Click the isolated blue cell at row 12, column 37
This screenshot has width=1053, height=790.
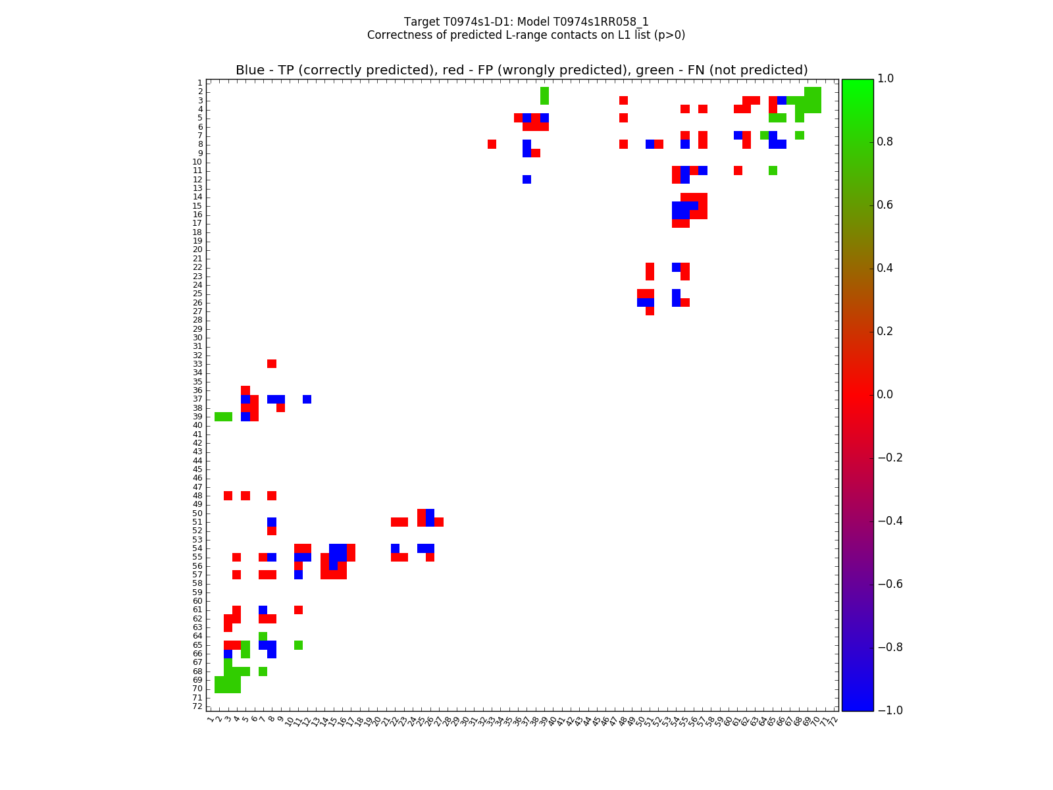coord(526,179)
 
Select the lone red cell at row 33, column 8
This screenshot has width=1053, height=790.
coord(272,363)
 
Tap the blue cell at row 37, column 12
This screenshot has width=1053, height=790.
coord(307,399)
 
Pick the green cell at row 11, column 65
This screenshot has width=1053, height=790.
coord(773,171)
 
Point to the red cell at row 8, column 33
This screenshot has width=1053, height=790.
coord(492,144)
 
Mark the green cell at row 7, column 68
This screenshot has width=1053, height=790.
coord(799,135)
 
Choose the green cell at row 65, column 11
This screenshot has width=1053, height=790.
coord(298,645)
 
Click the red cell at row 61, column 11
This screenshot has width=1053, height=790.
coord(298,610)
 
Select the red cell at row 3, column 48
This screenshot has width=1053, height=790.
coord(623,100)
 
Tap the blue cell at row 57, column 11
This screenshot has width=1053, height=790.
coord(298,575)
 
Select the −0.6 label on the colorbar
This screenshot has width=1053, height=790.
coord(888,584)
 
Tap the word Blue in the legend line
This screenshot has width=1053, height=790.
coord(250,70)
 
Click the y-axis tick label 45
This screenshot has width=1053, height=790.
coord(197,469)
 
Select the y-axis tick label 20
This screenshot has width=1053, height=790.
coord(197,250)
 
